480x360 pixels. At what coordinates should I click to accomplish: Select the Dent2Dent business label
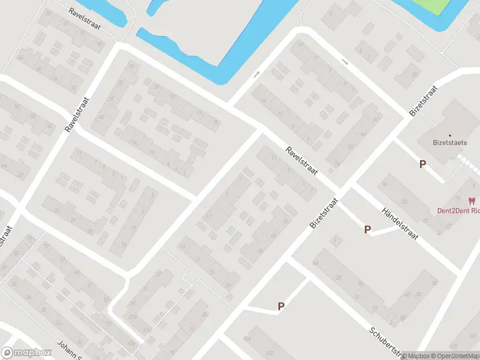click(457, 211)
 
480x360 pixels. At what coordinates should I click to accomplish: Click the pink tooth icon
click(472, 200)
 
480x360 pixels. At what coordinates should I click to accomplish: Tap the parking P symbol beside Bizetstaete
click(423, 164)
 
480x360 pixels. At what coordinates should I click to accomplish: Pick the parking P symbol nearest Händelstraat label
click(367, 229)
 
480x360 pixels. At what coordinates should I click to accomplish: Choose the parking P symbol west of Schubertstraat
click(281, 306)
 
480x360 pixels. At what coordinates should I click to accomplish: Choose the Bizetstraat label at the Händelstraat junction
click(324, 214)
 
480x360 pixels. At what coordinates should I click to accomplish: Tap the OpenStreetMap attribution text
click(454, 356)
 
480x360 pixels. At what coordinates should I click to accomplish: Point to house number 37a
click(131, 317)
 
